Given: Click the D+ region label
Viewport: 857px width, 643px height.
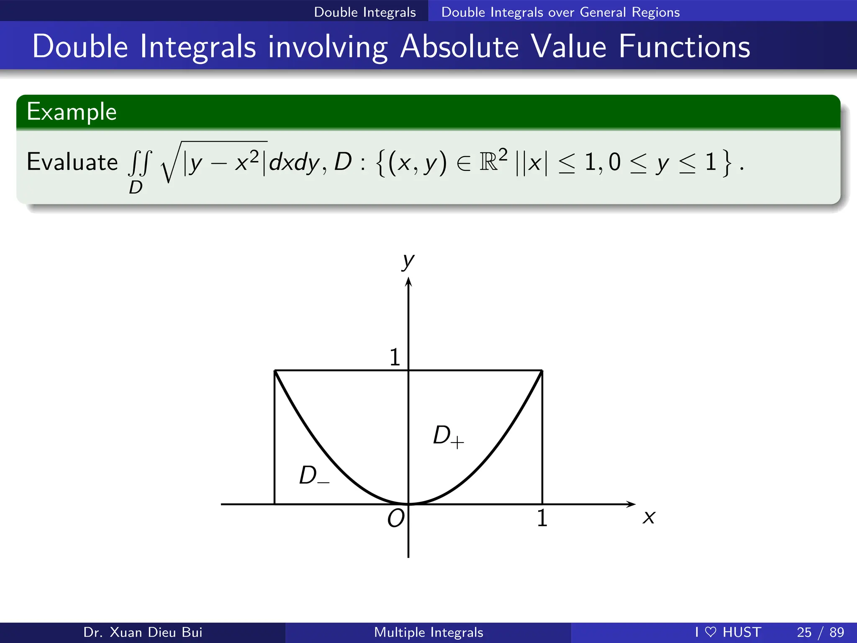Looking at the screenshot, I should pyautogui.click(x=448, y=436).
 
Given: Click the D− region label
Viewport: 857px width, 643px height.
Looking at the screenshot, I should pyautogui.click(x=313, y=476).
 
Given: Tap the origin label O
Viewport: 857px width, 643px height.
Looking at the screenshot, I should pyautogui.click(x=395, y=518).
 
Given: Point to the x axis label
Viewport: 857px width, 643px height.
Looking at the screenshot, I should pyautogui.click(x=649, y=517).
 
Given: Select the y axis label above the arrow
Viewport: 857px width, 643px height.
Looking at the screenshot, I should pyautogui.click(x=408, y=261).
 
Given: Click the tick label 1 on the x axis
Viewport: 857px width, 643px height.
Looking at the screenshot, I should pyautogui.click(x=542, y=518).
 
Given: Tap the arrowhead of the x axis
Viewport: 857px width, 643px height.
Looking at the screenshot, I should pyautogui.click(x=631, y=504).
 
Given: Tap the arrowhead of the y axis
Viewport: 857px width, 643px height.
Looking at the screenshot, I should pyautogui.click(x=408, y=283).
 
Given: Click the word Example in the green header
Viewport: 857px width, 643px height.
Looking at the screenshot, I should pyautogui.click(x=72, y=112).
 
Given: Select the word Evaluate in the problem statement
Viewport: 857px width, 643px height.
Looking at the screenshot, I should pyautogui.click(x=72, y=162).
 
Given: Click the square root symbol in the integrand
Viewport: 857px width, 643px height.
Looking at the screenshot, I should pyautogui.click(x=169, y=163).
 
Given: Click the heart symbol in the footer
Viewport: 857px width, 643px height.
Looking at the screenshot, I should pyautogui.click(x=711, y=632).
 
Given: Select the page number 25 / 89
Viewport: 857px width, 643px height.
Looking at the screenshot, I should pyautogui.click(x=820, y=632).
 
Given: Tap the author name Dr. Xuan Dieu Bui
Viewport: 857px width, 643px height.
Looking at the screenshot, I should pyautogui.click(x=143, y=632).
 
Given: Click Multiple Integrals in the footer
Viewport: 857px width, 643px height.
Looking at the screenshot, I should pyautogui.click(x=428, y=632).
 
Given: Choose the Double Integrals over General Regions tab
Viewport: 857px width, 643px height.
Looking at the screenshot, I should pyautogui.click(x=560, y=12).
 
